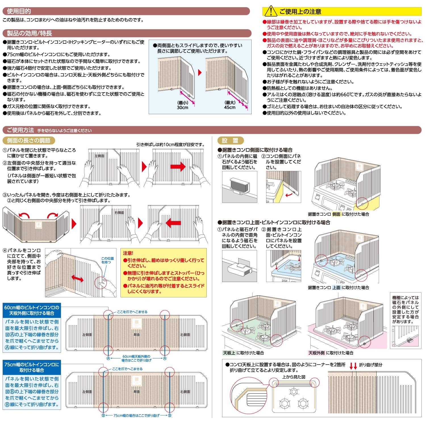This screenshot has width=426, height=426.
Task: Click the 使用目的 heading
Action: tap(19, 11)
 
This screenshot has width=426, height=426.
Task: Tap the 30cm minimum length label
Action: tap(183, 108)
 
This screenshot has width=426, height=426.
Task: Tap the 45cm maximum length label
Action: tap(230, 108)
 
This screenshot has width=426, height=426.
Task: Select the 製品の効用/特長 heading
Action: tap(30, 34)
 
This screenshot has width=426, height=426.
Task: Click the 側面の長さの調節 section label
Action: tap(29, 141)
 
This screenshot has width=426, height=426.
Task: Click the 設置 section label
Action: tap(230, 141)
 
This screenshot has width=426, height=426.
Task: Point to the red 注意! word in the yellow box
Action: tap(128, 253)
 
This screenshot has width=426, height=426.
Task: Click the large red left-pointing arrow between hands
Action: tap(173, 222)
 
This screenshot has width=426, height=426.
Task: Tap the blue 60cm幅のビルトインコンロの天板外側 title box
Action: tap(32, 310)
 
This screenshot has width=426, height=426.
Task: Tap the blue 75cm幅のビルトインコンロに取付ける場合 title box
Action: tap(32, 367)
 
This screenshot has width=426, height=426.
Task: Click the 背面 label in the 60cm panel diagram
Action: tap(137, 335)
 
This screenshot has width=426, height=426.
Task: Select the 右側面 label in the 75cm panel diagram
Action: tap(185, 392)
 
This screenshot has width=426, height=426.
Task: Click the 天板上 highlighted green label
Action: tap(229, 353)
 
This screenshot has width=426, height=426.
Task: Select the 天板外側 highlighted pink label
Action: tap(316, 353)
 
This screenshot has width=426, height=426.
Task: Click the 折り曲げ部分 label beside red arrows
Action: tap(371, 365)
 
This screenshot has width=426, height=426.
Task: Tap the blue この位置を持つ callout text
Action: tap(108, 260)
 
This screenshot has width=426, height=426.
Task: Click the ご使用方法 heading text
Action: tap(20, 130)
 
